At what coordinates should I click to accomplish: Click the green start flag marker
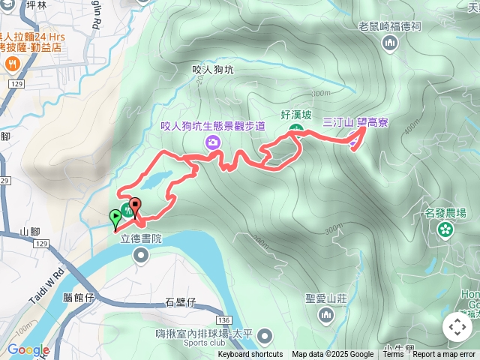[x=115, y=218]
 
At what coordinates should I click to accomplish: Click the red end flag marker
[x=136, y=205]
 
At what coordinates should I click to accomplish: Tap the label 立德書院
[x=142, y=239]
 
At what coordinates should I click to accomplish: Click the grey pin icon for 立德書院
[x=141, y=256]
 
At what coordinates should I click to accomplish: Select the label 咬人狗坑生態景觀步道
[x=213, y=126]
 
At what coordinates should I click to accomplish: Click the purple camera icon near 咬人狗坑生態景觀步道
[x=214, y=142]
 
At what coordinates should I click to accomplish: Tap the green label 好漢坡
[x=295, y=115]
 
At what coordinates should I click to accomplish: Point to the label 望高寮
[x=373, y=121]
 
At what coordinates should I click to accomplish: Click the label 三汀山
[x=337, y=121]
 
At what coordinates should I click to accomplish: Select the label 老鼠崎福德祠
[x=389, y=25]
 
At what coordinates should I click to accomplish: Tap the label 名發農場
[x=445, y=213]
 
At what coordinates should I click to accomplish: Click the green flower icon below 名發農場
[x=445, y=229]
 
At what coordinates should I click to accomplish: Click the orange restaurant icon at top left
[x=12, y=64]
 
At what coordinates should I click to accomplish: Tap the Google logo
[x=28, y=349]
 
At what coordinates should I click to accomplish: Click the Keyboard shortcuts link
[x=250, y=355]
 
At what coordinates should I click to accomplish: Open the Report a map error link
[x=444, y=355]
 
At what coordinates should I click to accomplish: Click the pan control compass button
[x=457, y=327]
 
